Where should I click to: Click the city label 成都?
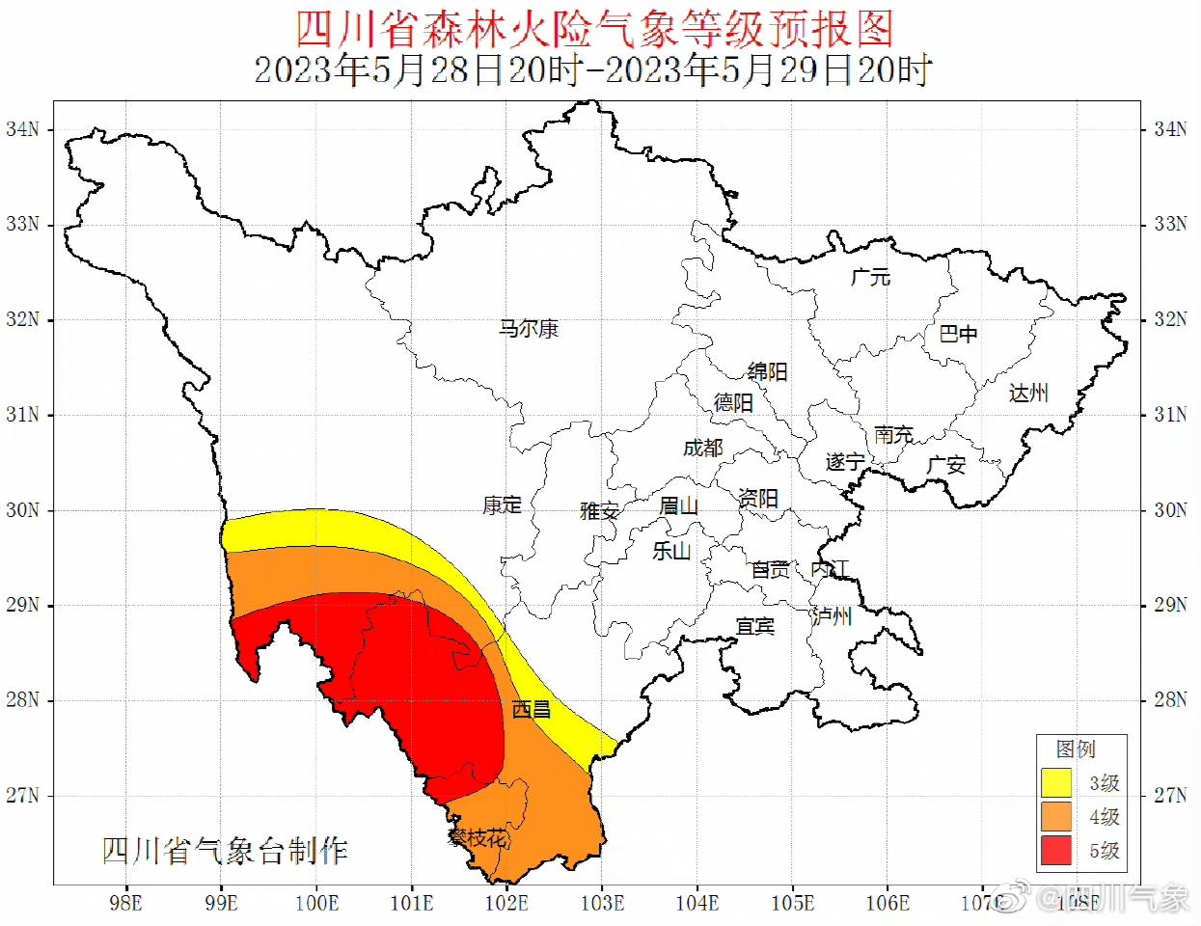click(x=702, y=448)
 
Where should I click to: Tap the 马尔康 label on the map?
click(x=529, y=329)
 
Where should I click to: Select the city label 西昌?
click(x=531, y=710)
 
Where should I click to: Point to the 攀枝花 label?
click(x=478, y=837)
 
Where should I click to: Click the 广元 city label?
click(x=870, y=277)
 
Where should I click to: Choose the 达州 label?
click(x=1028, y=393)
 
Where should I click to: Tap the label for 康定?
click(x=502, y=504)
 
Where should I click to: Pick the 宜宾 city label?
click(x=754, y=626)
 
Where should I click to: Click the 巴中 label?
click(x=958, y=334)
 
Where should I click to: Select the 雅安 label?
click(x=599, y=510)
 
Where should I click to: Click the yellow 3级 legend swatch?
click(x=1056, y=782)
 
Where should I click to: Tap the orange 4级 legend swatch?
click(x=1056, y=816)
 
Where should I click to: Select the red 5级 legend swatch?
click(x=1056, y=850)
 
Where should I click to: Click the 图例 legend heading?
click(x=1076, y=749)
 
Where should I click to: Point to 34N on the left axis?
click(x=23, y=129)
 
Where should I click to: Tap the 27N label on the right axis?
click(x=1170, y=795)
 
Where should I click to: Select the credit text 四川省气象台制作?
click(x=225, y=851)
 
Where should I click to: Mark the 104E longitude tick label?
click(x=696, y=903)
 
